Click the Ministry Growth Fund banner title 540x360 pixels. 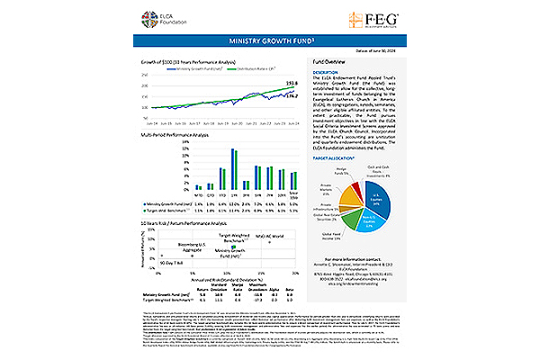pyautogui.click(x=269, y=41)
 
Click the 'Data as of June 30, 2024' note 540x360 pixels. pyautogui.click(x=373, y=53)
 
